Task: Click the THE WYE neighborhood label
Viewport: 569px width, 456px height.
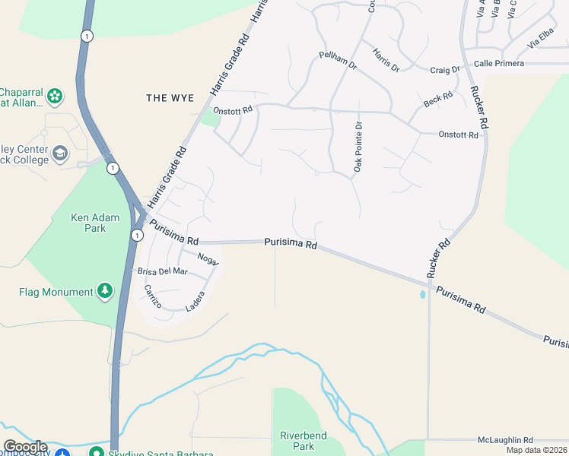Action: pos(170,98)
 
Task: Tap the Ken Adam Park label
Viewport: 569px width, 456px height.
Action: pos(95,223)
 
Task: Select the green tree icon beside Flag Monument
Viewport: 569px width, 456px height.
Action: pos(105,291)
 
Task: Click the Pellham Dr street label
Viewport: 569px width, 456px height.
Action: pos(338,60)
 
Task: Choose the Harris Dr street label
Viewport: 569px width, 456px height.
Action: pos(386,60)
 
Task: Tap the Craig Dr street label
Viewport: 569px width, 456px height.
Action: pos(445,70)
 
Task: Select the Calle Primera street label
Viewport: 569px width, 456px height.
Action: pos(498,63)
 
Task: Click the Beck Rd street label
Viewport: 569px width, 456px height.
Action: pos(438,100)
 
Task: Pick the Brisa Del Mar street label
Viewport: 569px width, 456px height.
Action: pos(162,271)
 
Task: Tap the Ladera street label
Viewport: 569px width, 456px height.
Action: pos(195,302)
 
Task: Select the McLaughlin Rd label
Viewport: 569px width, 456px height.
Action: pos(506,440)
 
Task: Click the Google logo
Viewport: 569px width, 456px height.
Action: pos(24,447)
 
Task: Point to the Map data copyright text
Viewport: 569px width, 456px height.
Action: pos(537,450)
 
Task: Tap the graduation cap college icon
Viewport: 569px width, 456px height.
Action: pos(59,155)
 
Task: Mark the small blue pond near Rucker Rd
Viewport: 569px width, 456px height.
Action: pos(423,294)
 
